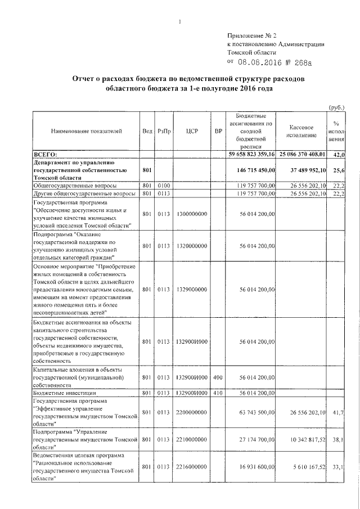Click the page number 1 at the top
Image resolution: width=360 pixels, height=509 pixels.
179,22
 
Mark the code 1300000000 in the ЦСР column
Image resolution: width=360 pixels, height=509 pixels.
190,214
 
